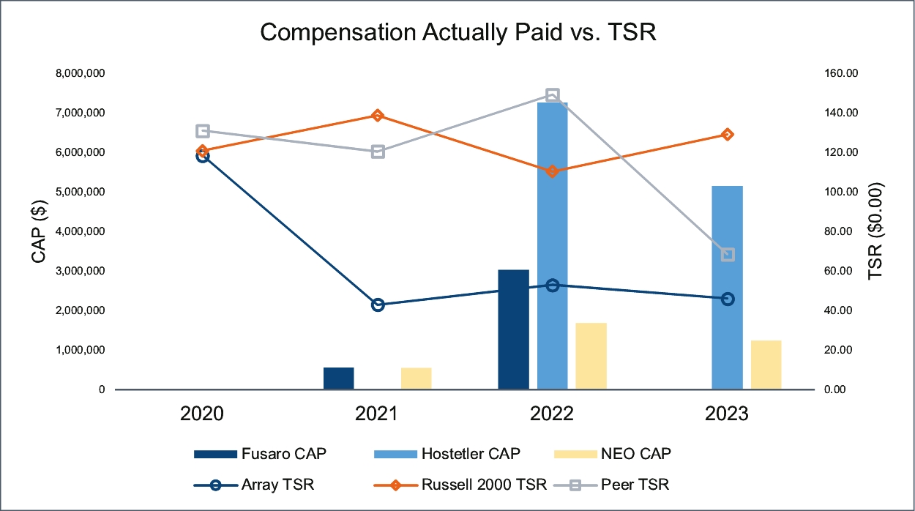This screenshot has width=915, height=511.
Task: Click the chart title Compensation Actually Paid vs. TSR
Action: (x=457, y=33)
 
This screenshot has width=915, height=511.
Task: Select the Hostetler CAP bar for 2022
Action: (x=552, y=246)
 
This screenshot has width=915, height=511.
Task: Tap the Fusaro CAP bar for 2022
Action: (x=513, y=329)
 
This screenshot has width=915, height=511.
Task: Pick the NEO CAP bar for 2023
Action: (x=766, y=365)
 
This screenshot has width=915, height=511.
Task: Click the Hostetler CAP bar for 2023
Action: (x=727, y=288)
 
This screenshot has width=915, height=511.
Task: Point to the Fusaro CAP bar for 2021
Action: (x=338, y=378)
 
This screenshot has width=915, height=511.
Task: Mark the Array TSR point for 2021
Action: (x=378, y=305)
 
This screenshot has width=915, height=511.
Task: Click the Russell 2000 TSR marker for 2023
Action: (x=728, y=135)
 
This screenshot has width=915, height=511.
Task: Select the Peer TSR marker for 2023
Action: (x=728, y=255)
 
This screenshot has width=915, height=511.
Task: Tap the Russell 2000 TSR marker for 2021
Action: (x=378, y=116)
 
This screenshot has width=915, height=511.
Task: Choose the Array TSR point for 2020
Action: (x=203, y=156)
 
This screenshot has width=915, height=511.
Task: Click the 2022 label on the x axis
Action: (x=552, y=414)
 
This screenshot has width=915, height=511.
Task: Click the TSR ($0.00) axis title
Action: (x=876, y=231)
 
